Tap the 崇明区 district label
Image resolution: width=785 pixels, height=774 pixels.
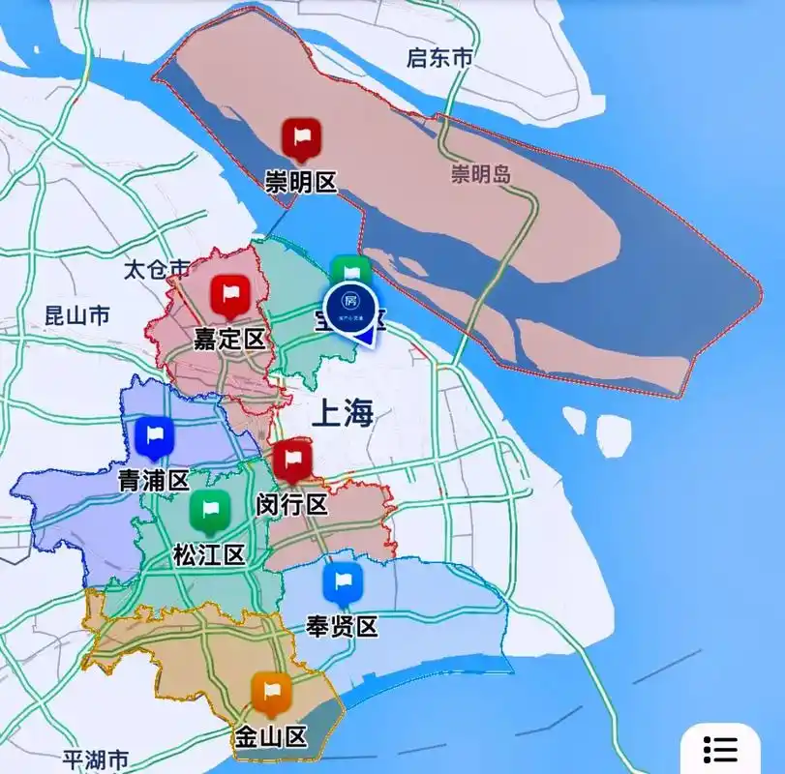(301, 181)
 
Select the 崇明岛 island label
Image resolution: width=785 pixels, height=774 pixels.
(481, 174)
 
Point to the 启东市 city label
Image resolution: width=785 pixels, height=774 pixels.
(439, 58)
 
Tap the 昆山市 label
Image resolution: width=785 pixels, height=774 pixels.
(77, 315)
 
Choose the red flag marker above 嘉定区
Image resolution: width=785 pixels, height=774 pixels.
(230, 294)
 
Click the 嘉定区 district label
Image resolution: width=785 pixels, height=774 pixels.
(229, 338)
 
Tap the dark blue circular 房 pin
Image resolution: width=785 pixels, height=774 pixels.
(349, 304)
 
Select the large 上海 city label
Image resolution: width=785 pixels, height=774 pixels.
(343, 414)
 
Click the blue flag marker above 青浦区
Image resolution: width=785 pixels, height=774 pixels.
(153, 437)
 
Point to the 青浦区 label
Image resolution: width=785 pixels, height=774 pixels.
(153, 481)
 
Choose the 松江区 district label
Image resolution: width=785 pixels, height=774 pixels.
(208, 554)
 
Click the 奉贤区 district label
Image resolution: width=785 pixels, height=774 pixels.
(342, 626)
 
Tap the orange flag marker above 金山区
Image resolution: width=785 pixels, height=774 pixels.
(271, 692)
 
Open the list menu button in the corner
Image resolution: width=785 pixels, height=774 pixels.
(721, 748)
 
